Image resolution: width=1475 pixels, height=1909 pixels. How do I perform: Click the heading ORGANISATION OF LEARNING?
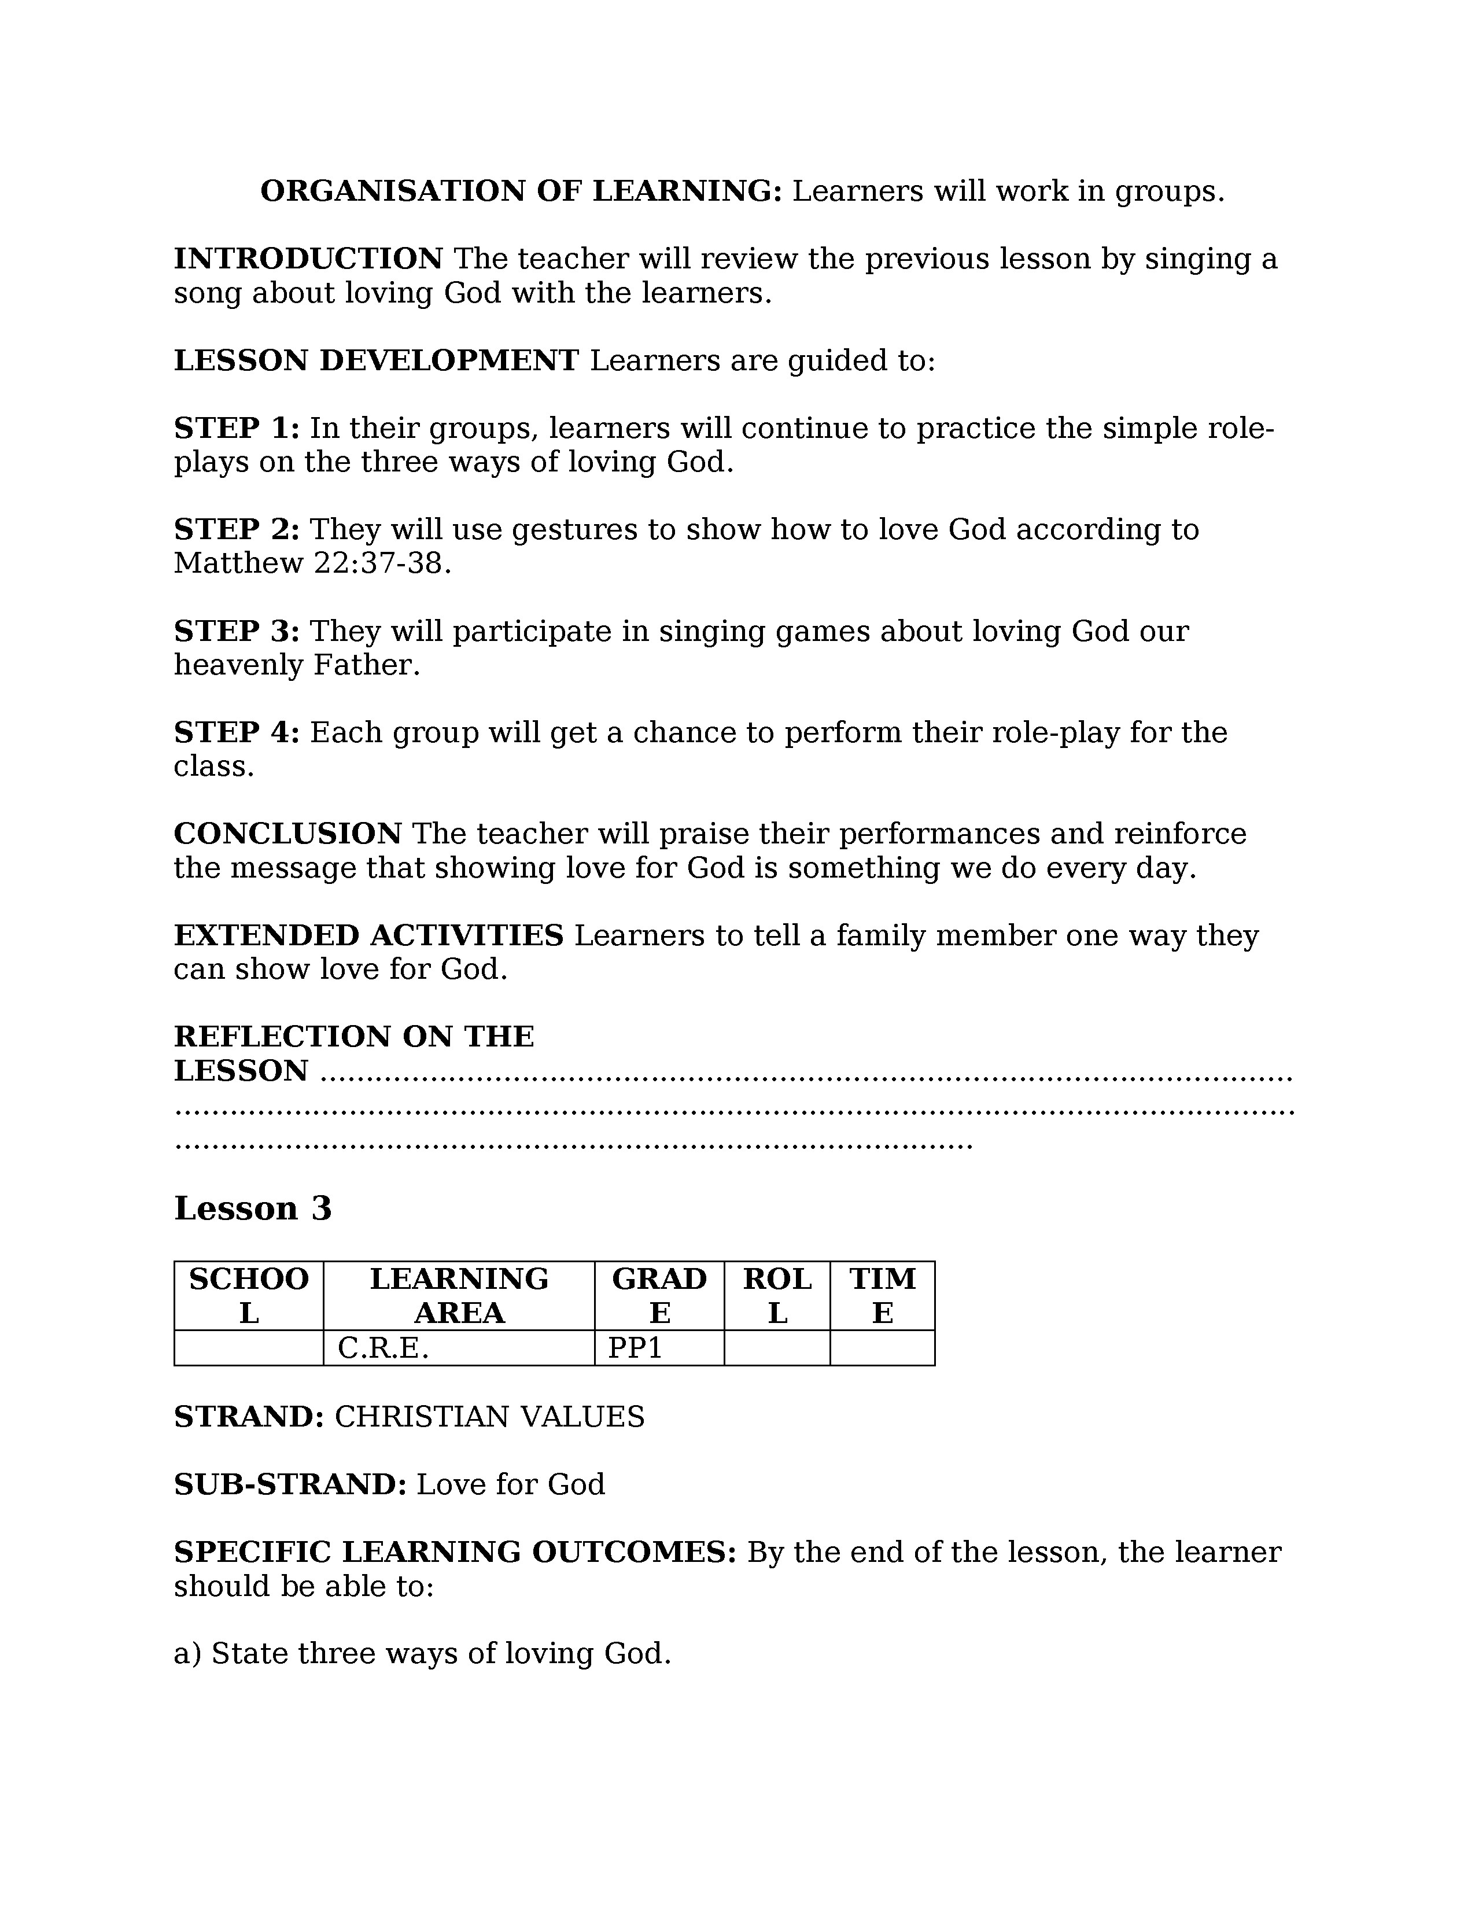coord(521,191)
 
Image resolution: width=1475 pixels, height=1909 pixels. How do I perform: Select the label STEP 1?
coord(237,428)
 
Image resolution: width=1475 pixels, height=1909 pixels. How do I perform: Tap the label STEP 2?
coord(237,530)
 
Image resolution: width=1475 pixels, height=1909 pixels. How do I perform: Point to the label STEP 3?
coord(237,631)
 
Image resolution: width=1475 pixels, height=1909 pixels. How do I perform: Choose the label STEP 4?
coord(237,732)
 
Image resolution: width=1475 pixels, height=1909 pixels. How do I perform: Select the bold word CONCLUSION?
coord(287,834)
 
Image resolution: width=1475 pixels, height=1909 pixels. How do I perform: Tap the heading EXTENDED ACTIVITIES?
coord(369,935)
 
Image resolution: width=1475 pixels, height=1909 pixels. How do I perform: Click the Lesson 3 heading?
coord(253,1209)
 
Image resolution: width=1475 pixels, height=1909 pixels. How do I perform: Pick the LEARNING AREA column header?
coord(459,1295)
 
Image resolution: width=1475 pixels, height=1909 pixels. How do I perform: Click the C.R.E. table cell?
coord(383,1348)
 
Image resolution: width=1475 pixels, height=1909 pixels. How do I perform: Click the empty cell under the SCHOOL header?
coord(249,1348)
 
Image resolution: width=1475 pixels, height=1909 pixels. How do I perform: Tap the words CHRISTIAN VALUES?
coord(489,1417)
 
